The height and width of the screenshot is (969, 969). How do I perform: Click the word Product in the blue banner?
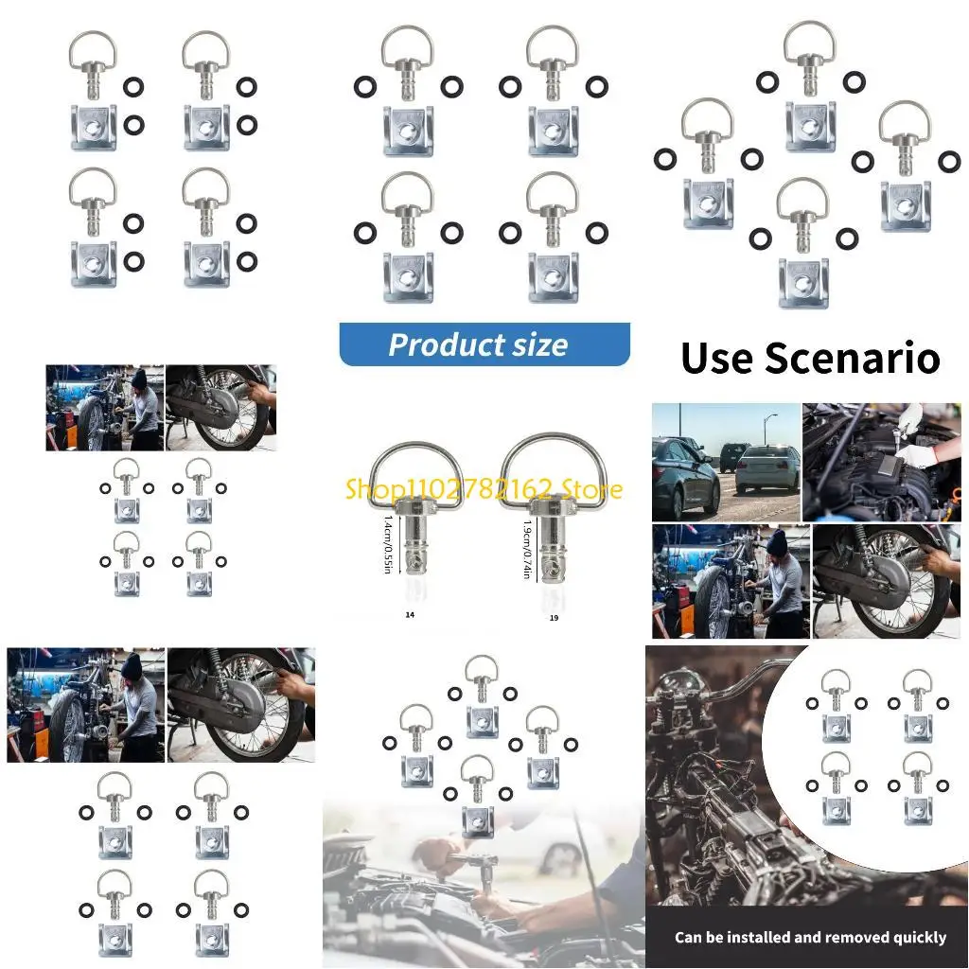tap(444, 344)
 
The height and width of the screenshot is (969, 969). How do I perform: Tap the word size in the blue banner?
tap(537, 344)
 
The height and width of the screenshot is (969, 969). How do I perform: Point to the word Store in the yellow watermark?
tap(590, 489)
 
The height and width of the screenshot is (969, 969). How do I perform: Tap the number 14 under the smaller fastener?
tap(410, 614)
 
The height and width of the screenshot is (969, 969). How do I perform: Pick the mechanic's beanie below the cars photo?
tap(777, 542)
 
